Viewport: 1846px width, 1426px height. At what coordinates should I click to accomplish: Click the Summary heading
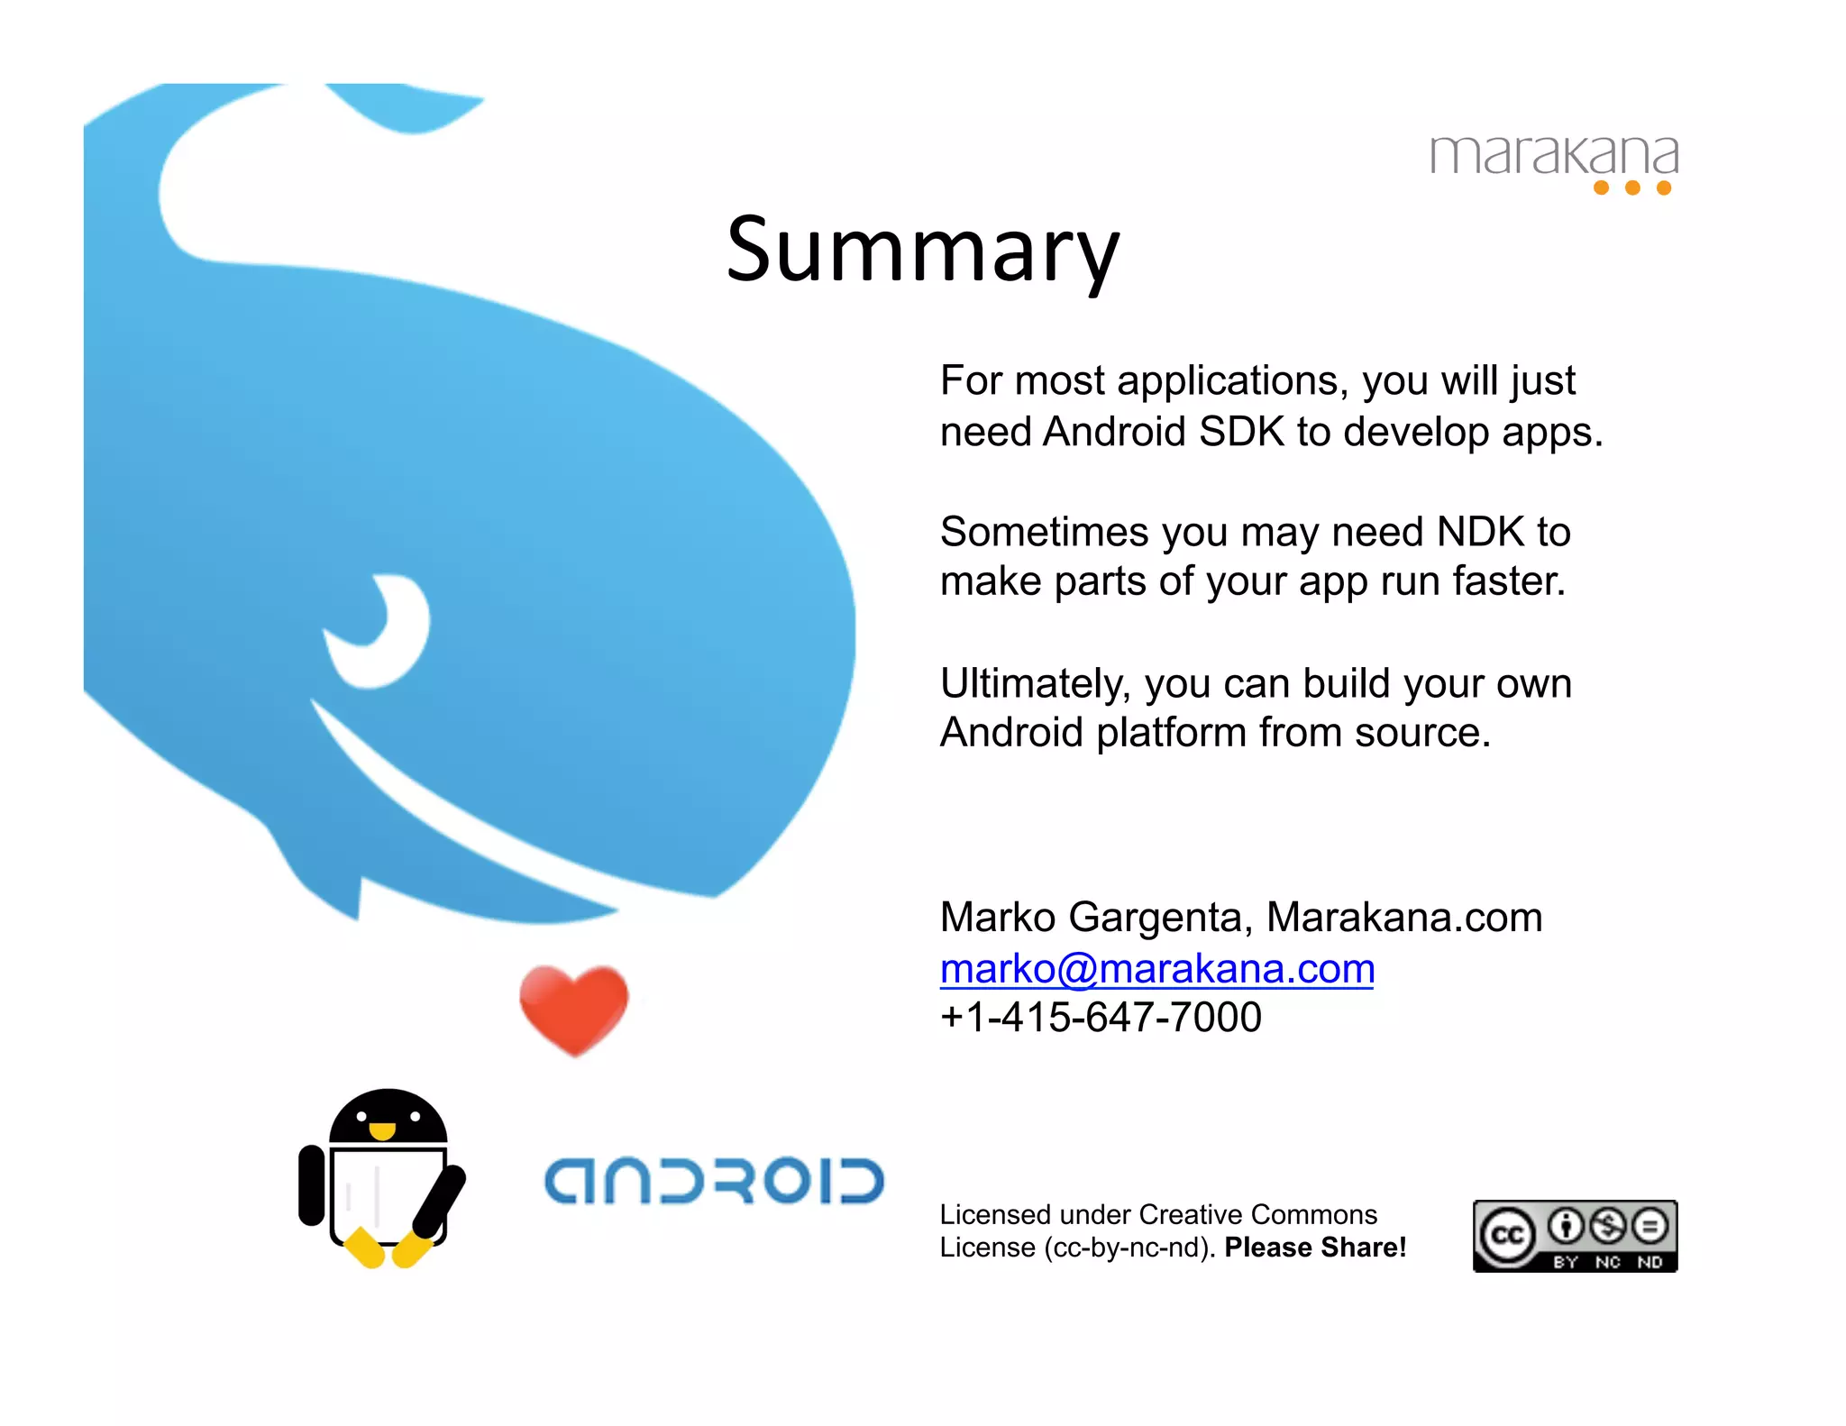(922, 251)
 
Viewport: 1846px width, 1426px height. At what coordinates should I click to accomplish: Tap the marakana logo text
(1553, 155)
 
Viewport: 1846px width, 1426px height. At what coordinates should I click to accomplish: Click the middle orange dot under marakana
(1631, 187)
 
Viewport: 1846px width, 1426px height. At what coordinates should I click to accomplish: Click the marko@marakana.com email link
(1156, 969)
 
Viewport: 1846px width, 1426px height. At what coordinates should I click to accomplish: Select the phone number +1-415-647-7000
(1100, 1018)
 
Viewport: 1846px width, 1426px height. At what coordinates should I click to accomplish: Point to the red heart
(573, 1007)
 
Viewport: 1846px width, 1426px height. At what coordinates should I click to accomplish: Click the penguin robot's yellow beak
(382, 1130)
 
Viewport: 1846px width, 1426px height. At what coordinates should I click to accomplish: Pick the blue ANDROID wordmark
(714, 1181)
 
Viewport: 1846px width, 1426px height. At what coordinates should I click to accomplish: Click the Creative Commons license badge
(1575, 1236)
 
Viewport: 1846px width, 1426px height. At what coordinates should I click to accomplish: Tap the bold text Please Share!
(1315, 1248)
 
